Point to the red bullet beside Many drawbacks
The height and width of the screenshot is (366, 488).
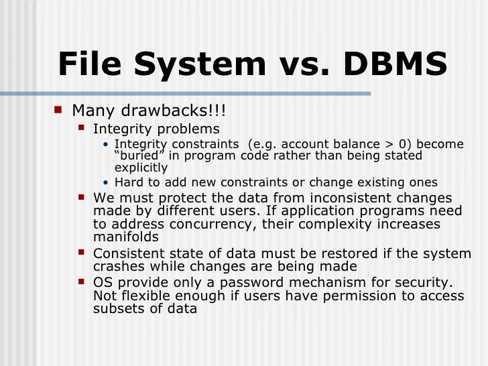[58, 108]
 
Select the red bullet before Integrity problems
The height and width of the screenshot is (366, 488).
[81, 126]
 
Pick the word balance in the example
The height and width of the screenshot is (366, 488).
[365, 144]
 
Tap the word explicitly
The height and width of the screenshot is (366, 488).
[141, 168]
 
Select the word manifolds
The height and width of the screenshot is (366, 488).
[126, 237]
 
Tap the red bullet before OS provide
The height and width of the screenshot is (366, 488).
[81, 281]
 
